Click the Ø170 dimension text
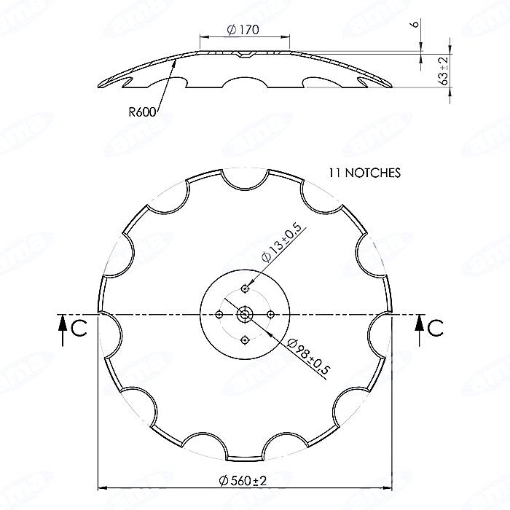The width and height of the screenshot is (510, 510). tap(243, 30)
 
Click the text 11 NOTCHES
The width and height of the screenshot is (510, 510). tap(364, 173)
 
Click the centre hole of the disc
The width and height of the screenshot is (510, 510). tap(244, 314)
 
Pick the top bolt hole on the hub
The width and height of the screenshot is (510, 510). tap(244, 289)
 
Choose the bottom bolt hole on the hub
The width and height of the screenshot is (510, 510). tap(244, 339)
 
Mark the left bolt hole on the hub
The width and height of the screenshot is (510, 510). tap(219, 314)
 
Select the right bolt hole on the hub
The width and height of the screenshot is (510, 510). tap(270, 314)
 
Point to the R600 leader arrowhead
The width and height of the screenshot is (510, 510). tap(175, 65)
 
